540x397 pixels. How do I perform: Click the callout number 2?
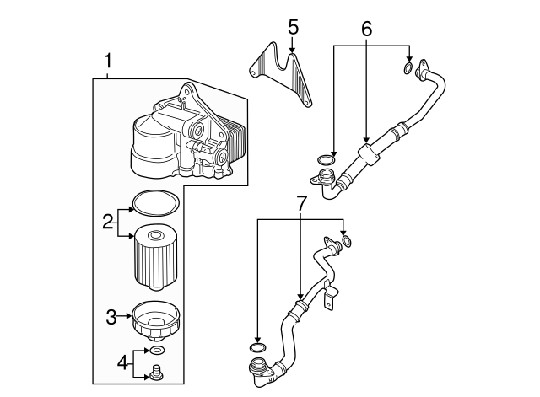(x=108, y=223)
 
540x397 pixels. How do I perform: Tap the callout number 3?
(x=111, y=317)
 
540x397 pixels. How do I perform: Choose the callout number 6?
(x=366, y=28)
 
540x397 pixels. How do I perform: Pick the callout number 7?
(x=300, y=202)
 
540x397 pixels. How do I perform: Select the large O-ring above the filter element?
(x=157, y=203)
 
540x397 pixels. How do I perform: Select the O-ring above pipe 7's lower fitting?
(x=259, y=346)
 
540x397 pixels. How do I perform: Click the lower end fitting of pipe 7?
(x=257, y=368)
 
